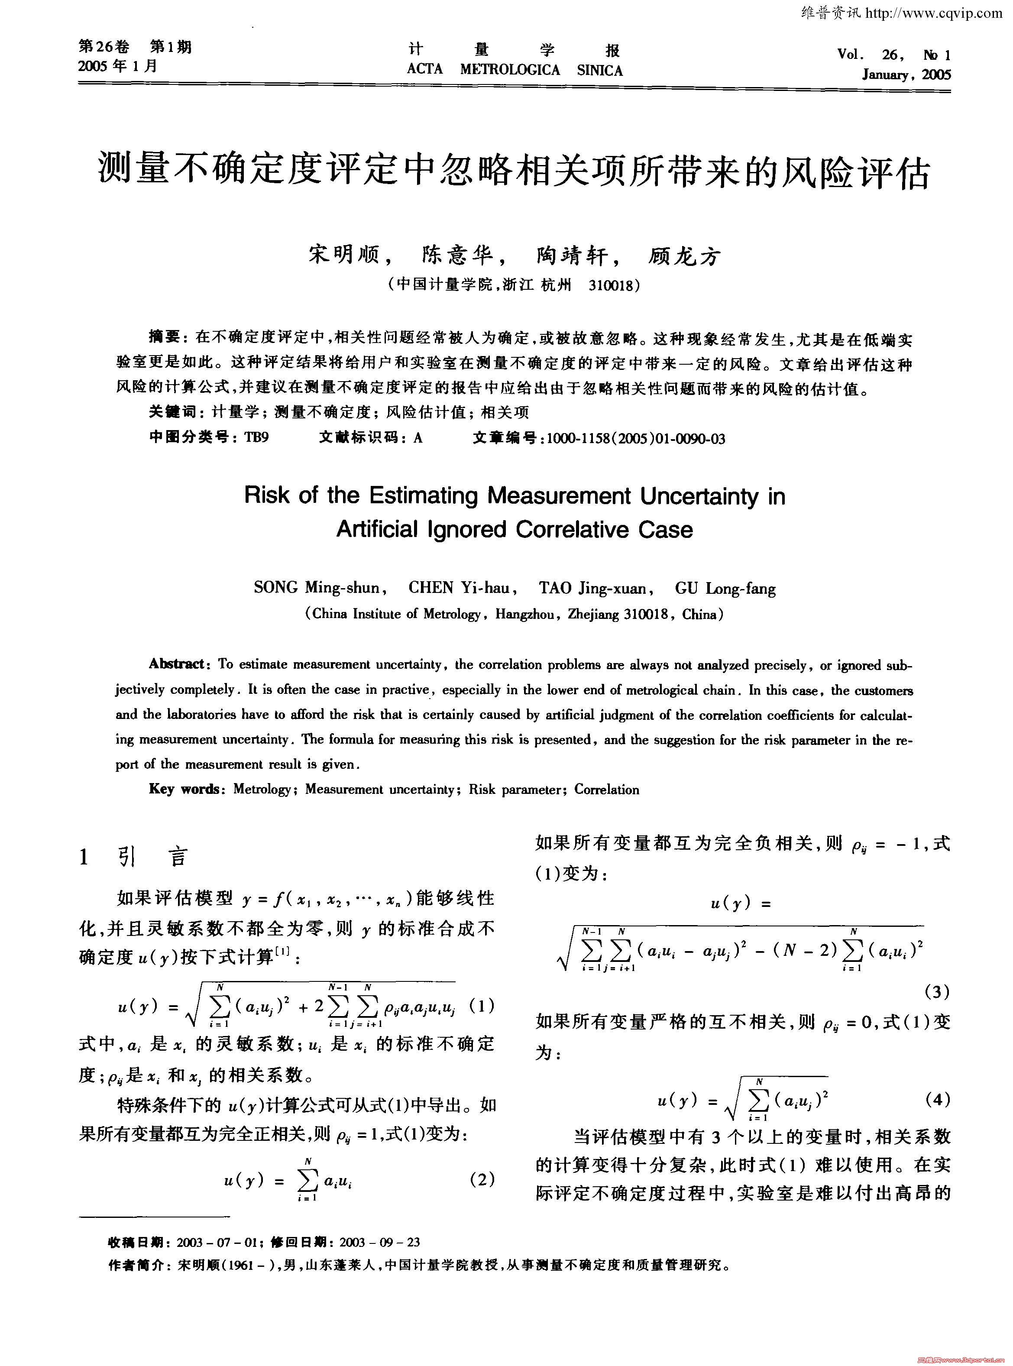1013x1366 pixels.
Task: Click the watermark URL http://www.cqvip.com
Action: click(934, 13)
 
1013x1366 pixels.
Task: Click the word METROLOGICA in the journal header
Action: click(510, 70)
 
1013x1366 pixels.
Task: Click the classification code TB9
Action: click(256, 438)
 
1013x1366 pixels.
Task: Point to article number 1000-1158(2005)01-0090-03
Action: click(636, 438)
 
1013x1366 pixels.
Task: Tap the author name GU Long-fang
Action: click(725, 589)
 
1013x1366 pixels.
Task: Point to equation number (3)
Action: click(936, 992)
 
